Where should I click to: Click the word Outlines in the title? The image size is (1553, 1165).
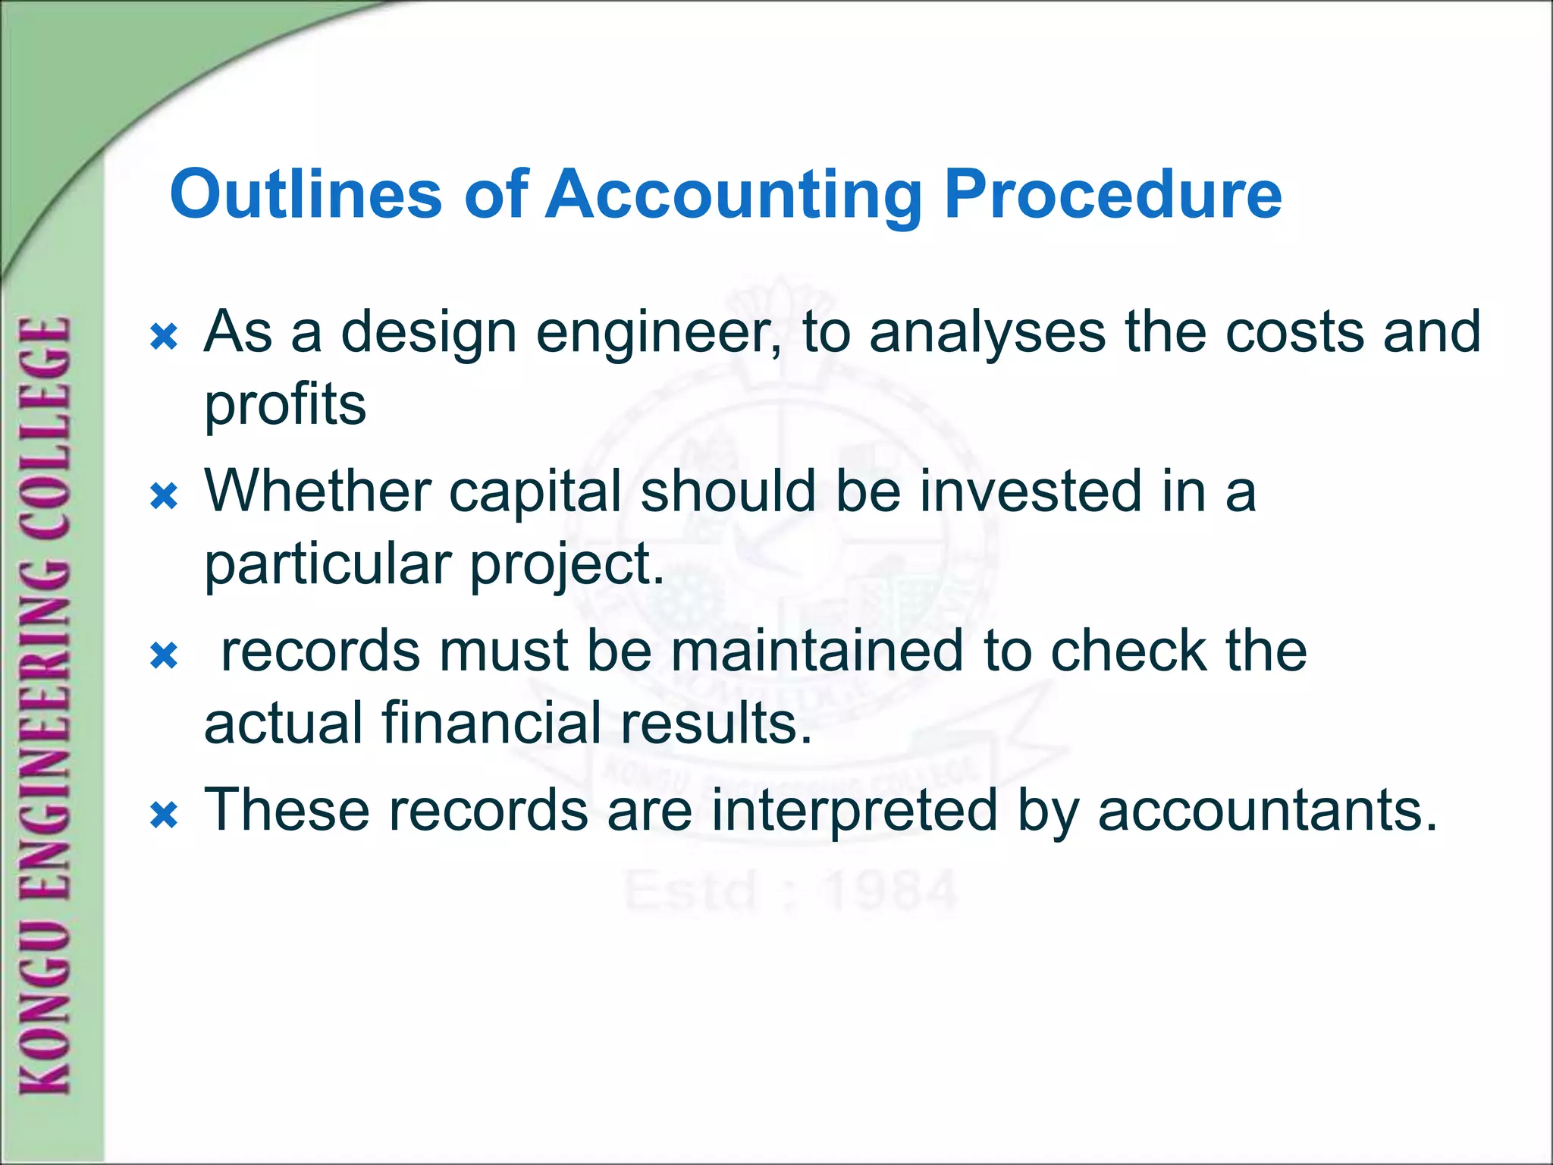(x=306, y=194)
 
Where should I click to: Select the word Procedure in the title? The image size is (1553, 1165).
(x=1112, y=194)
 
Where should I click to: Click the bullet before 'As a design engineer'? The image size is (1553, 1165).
(x=164, y=336)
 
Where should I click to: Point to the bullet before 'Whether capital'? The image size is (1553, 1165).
(x=164, y=497)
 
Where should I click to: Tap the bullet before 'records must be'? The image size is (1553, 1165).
(x=164, y=656)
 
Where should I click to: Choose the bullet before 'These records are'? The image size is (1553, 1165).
(x=164, y=816)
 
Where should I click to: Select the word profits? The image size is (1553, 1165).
(x=285, y=405)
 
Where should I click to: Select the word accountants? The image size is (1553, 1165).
(x=1267, y=810)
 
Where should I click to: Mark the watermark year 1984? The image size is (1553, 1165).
(x=892, y=890)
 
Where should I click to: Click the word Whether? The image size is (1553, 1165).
(x=318, y=491)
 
